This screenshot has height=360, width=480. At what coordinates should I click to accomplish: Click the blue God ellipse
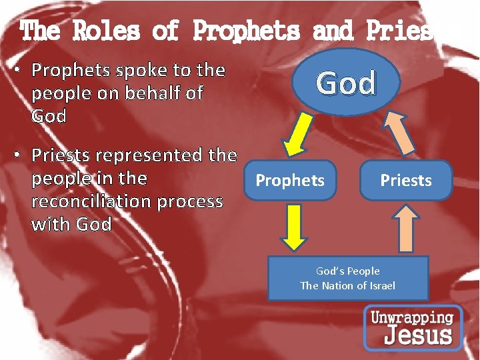click(x=346, y=83)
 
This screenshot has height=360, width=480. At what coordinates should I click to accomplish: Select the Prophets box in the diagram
click(x=290, y=180)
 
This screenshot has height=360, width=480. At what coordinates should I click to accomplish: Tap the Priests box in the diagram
click(x=405, y=180)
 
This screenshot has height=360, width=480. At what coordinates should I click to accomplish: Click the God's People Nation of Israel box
click(x=347, y=278)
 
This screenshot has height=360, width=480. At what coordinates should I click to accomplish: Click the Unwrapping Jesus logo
click(x=413, y=327)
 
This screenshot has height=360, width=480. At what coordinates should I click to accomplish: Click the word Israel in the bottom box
click(x=380, y=285)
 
